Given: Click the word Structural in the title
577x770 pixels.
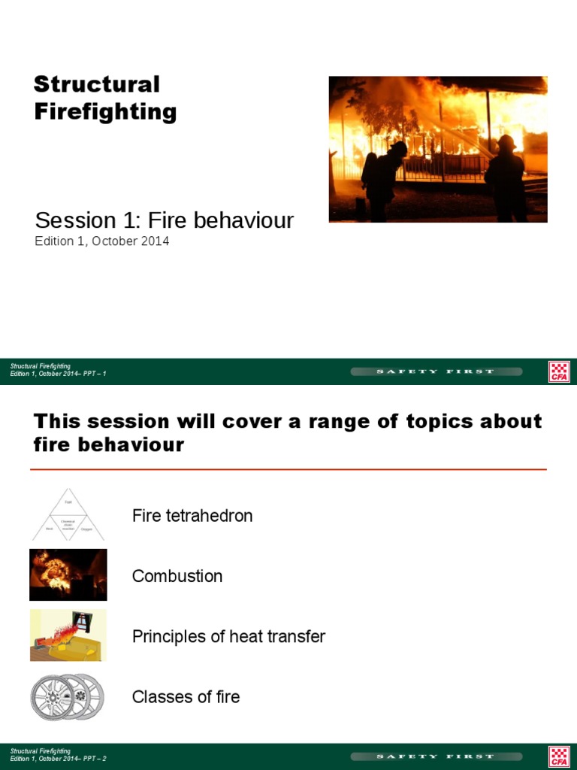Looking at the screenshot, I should pyautogui.click(x=97, y=84).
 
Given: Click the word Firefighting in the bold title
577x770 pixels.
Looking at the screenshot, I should pyautogui.click(x=105, y=112).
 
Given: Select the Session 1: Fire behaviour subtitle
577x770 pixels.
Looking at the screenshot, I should pyautogui.click(x=164, y=220).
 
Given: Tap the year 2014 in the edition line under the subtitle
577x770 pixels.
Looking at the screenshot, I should pyautogui.click(x=154, y=241).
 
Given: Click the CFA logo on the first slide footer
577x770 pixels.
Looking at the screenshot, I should pyautogui.click(x=559, y=371).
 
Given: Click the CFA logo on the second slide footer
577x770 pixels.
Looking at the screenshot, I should pyautogui.click(x=559, y=756).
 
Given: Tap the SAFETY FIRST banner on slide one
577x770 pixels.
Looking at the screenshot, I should pyautogui.click(x=436, y=371).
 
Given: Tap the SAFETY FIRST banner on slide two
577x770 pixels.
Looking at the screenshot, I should pyautogui.click(x=436, y=756).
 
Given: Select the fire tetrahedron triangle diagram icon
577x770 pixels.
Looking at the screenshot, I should pyautogui.click(x=68, y=515).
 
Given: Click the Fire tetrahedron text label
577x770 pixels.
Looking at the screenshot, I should pyautogui.click(x=192, y=516).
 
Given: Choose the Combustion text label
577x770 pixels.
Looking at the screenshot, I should pyautogui.click(x=177, y=576).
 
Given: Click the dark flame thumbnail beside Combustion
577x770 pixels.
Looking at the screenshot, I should pyautogui.click(x=68, y=575).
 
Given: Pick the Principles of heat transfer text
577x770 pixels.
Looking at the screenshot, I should pyautogui.click(x=228, y=636).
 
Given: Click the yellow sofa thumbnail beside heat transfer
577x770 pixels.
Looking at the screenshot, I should pyautogui.click(x=68, y=635).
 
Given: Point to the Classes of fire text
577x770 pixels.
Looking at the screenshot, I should pyautogui.click(x=186, y=696).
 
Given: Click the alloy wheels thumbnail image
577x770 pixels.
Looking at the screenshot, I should pyautogui.click(x=68, y=696).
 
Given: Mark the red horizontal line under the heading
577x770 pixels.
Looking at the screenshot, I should pyautogui.click(x=288, y=469).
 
